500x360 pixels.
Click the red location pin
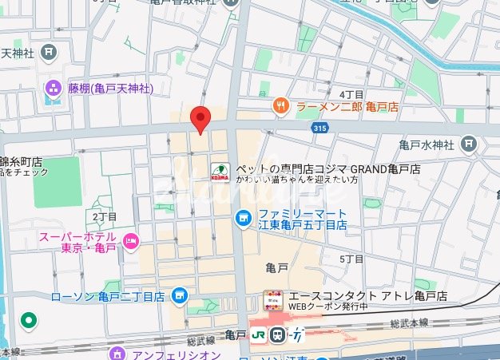(x=200, y=118)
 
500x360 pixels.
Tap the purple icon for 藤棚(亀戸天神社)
(x=54, y=87)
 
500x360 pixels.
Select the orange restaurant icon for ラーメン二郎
(x=280, y=105)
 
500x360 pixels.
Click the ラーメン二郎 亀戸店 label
(x=347, y=105)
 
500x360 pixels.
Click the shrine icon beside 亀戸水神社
(x=469, y=144)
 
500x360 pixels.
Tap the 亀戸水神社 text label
(x=426, y=145)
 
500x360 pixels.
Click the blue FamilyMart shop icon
(x=243, y=218)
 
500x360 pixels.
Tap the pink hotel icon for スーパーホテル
(x=131, y=240)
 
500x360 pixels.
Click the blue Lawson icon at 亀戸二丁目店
(x=179, y=295)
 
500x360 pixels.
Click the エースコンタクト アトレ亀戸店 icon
(x=273, y=301)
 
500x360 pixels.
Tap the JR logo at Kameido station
(x=260, y=335)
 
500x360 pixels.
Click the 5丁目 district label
(x=352, y=259)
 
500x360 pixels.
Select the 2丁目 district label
(x=105, y=217)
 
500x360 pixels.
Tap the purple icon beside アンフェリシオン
(x=118, y=353)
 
